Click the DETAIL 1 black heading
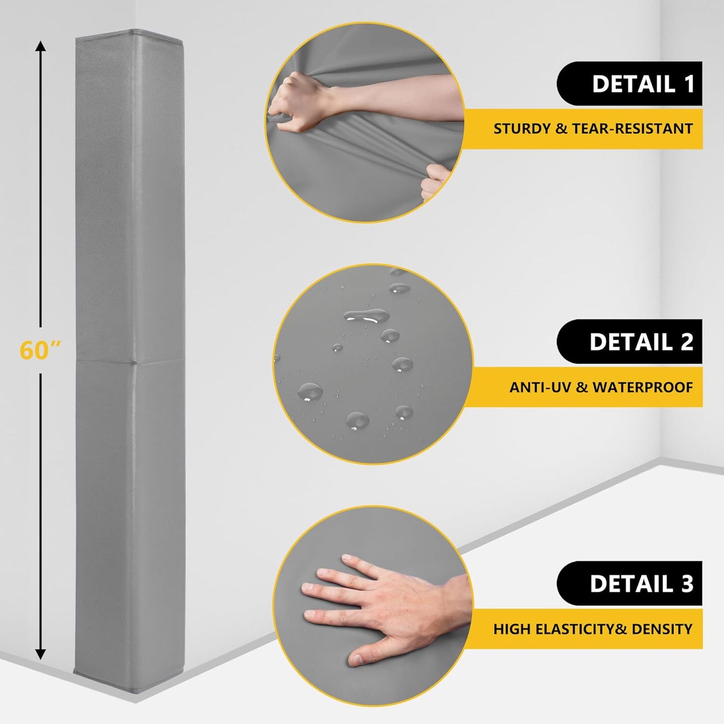point(629,84)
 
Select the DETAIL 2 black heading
point(629,342)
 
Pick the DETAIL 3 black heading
point(629,584)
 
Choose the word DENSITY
point(662,629)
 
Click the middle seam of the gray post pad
point(129,360)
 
